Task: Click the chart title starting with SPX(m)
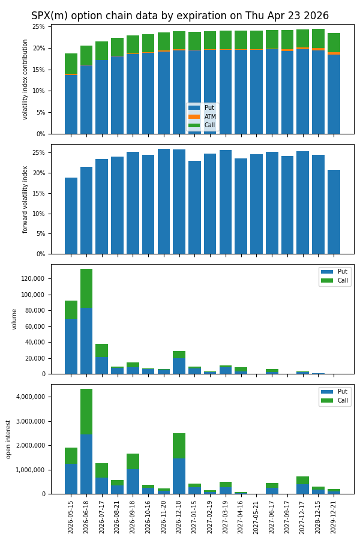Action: point(180,16)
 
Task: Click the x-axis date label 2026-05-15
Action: point(71,516)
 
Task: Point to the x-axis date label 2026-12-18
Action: point(179,516)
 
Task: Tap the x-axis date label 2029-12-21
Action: point(334,516)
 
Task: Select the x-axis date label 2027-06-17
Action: point(272,516)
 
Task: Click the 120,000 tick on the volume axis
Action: point(34,279)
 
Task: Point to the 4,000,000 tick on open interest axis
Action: point(30,397)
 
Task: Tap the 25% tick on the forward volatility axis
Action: point(38,153)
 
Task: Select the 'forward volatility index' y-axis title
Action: point(26,199)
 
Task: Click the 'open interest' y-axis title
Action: point(9,439)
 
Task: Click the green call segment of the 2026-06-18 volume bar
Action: point(86,288)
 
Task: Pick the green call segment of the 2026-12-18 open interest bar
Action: point(179,445)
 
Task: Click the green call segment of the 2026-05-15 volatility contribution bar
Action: point(71,64)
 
